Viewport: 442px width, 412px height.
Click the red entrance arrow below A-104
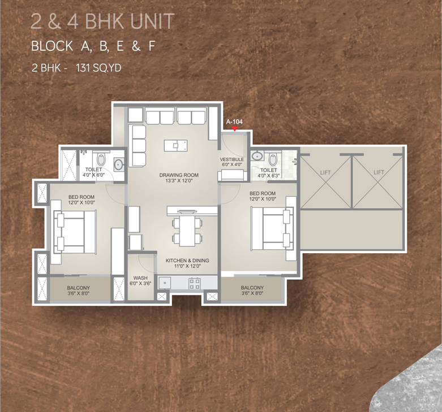(234, 129)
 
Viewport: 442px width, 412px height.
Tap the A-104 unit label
(234, 122)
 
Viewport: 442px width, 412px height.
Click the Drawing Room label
(179, 175)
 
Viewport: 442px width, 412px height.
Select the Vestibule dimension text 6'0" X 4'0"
(232, 164)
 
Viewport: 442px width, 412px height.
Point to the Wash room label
(140, 277)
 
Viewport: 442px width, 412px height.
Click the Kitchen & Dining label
(187, 261)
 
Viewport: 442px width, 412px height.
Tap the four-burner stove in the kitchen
(195, 283)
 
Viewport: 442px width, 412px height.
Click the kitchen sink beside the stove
(165, 283)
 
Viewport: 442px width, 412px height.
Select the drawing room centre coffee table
(176, 145)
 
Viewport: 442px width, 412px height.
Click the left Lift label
(325, 173)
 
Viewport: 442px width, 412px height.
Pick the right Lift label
(379, 172)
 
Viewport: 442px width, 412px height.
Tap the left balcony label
(78, 288)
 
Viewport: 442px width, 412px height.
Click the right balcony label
(252, 288)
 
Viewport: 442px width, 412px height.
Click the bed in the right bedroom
(271, 228)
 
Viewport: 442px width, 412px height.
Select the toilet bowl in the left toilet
(101, 159)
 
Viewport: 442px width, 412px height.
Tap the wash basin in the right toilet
(257, 155)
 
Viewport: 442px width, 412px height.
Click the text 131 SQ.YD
(98, 68)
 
